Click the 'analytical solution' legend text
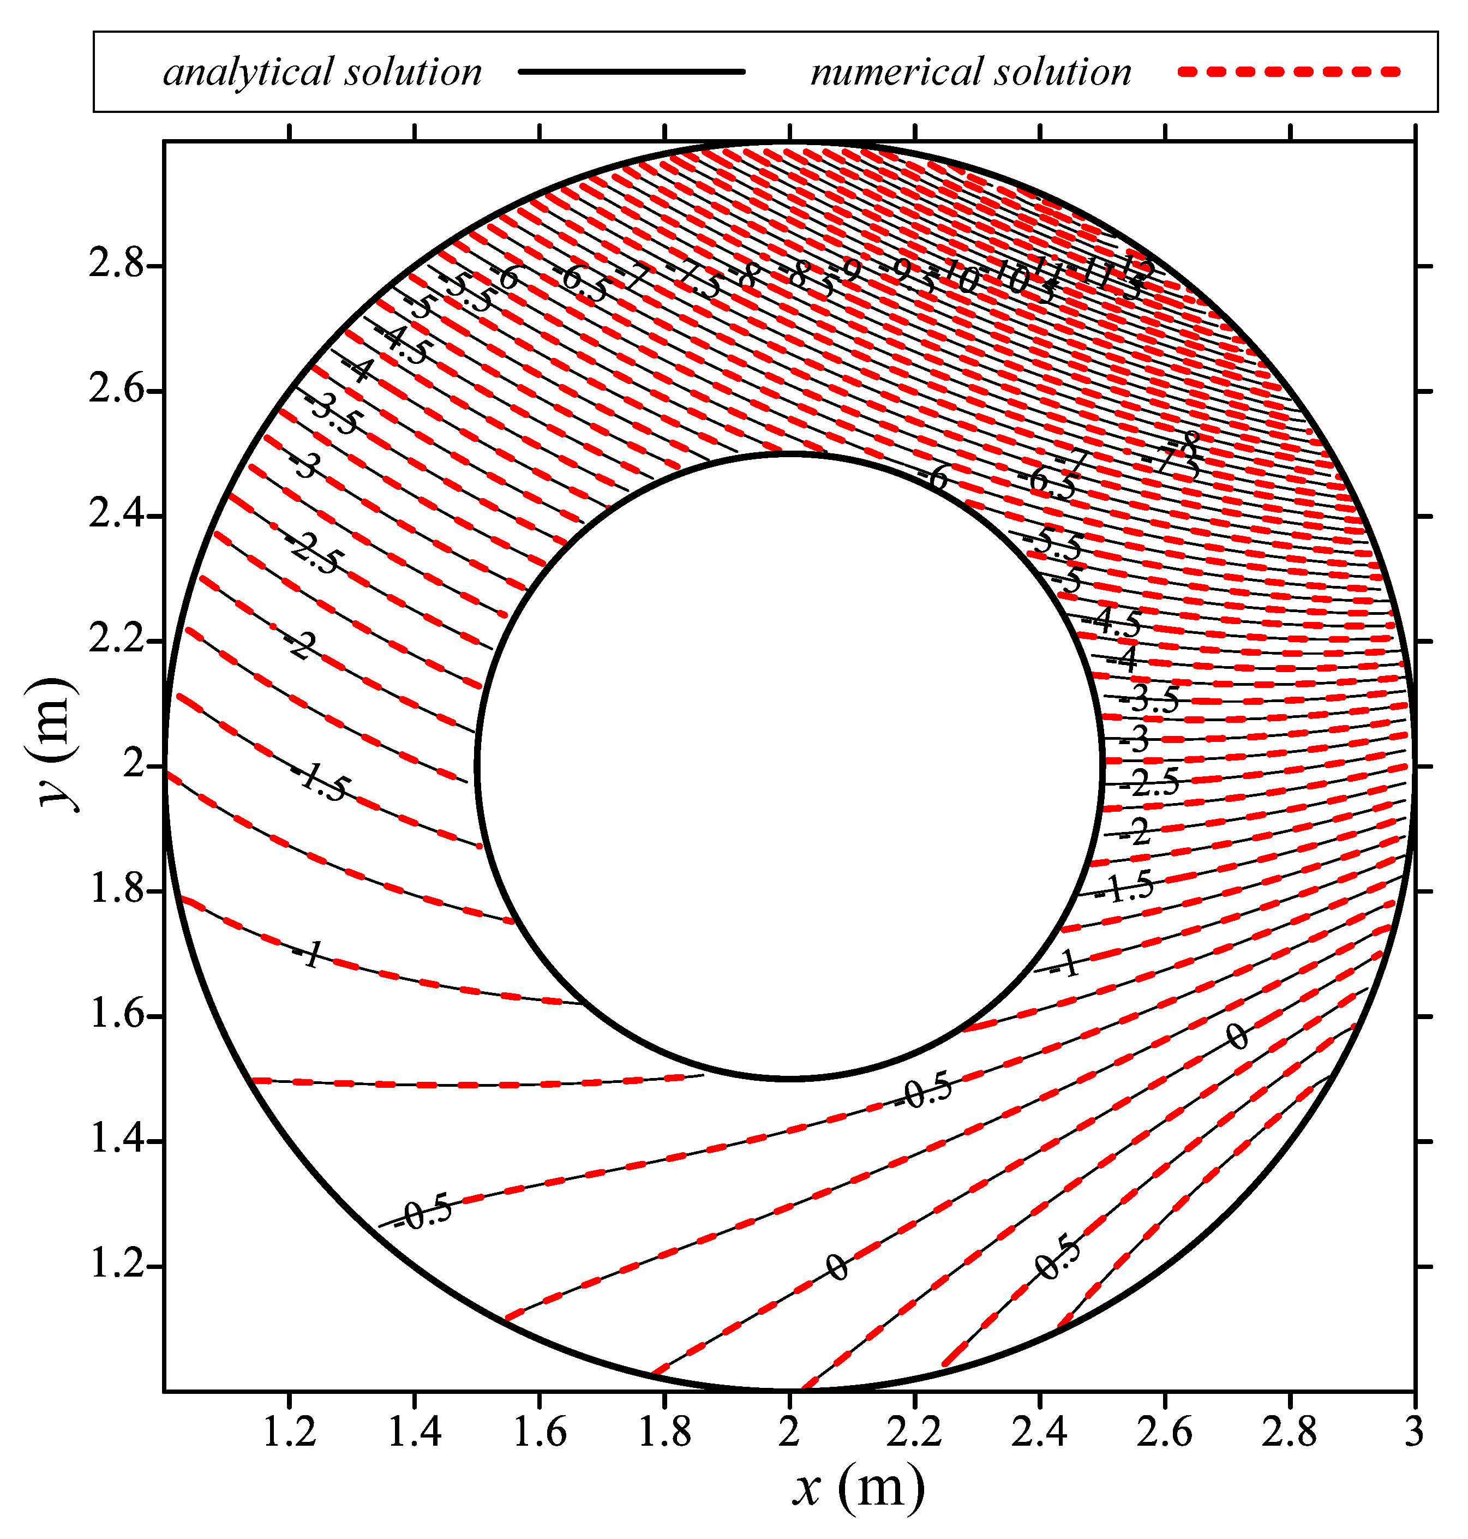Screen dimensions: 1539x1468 (x=322, y=72)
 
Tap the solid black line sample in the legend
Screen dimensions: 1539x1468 (x=632, y=72)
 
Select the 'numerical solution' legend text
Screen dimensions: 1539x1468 (x=971, y=72)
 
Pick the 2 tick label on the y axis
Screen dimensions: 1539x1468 (x=135, y=765)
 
